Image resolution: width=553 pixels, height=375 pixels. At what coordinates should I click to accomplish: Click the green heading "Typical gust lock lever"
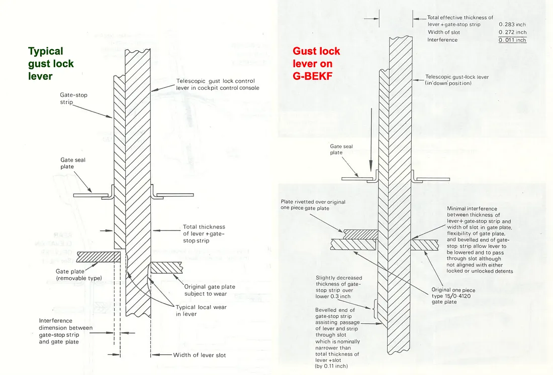point(51,64)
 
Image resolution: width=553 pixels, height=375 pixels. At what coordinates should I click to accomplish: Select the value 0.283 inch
point(512,24)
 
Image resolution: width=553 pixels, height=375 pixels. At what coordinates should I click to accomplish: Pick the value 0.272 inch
point(512,32)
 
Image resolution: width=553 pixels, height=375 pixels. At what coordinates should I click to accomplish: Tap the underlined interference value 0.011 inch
point(512,40)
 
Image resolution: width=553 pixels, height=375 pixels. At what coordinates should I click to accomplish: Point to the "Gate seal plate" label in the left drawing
point(73,163)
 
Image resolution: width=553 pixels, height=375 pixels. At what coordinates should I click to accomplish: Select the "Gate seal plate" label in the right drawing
point(341,150)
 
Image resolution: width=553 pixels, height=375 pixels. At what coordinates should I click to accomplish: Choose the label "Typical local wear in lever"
point(201,310)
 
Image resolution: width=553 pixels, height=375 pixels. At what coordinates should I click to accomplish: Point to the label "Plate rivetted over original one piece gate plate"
point(313,205)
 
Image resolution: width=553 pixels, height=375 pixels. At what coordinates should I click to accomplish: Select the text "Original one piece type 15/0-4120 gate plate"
point(453,296)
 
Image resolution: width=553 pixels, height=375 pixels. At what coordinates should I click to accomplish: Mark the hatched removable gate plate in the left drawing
point(95,256)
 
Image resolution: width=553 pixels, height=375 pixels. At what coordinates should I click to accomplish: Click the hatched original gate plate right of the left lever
point(168,267)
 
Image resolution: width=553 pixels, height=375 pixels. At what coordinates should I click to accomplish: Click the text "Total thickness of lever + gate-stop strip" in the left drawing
point(204,234)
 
